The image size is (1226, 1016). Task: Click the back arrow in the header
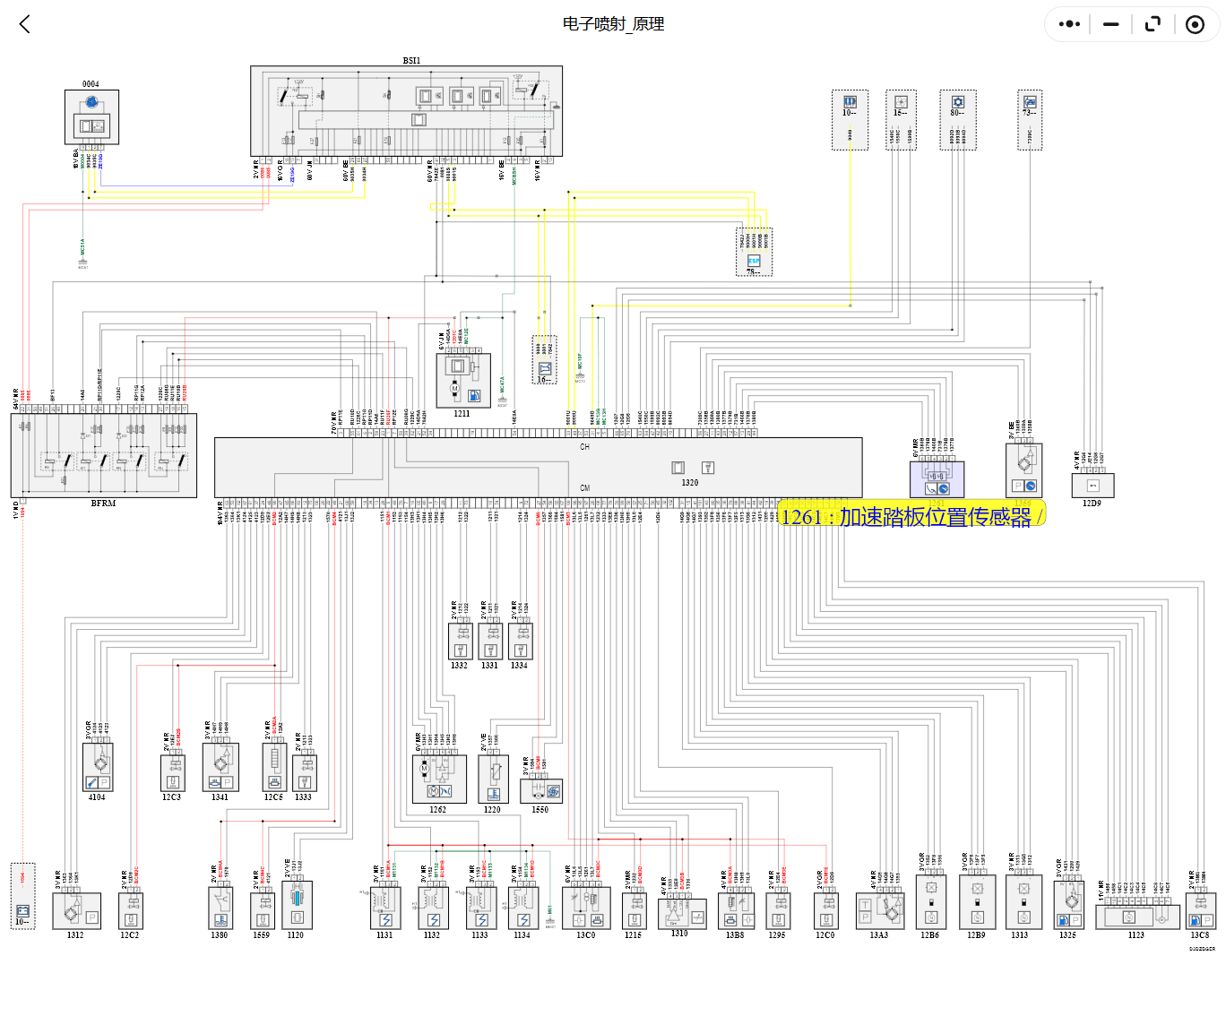(25, 24)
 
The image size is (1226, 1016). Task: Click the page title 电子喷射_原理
(613, 24)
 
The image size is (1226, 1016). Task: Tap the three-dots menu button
(1069, 24)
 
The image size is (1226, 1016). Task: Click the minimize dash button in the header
(1111, 24)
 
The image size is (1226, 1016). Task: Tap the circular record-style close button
(1195, 24)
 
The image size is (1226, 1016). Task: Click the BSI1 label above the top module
(411, 61)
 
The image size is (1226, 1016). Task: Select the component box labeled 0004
(91, 116)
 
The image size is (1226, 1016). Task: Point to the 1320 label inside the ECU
(689, 483)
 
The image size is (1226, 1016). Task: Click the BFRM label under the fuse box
(103, 504)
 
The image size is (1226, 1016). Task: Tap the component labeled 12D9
(1092, 486)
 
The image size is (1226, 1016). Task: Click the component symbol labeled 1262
(438, 779)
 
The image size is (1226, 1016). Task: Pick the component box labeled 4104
(98, 768)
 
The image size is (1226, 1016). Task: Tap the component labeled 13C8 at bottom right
(1201, 910)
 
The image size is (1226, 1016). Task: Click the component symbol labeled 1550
(541, 790)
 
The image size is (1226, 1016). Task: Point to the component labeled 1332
(460, 641)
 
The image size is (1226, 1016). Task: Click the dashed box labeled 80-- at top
(958, 119)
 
